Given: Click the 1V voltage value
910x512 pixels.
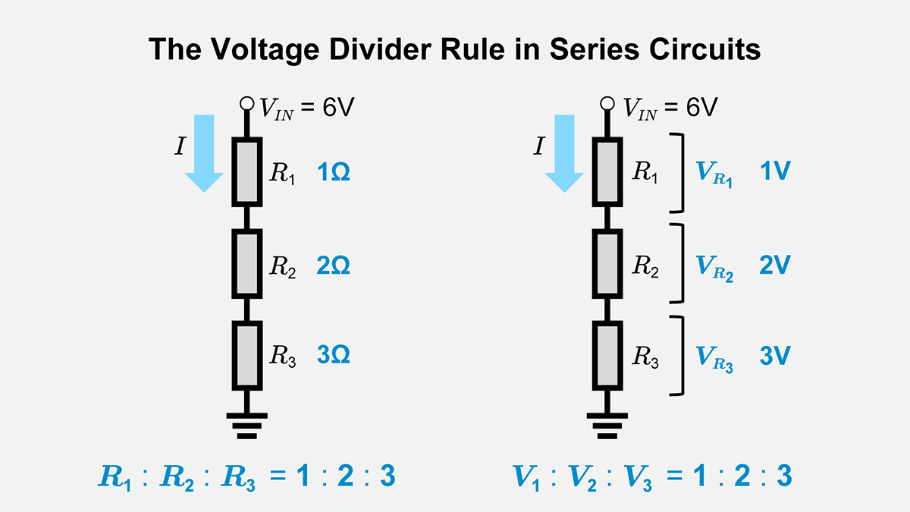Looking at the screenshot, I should [x=775, y=171].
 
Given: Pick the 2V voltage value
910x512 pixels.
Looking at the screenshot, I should [x=775, y=265].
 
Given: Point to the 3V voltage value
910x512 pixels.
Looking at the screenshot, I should [x=775, y=356].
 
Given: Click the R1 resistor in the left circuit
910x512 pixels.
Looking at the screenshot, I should [x=247, y=172].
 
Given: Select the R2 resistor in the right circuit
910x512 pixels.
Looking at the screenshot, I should [x=608, y=264].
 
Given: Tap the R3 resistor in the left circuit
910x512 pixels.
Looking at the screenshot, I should [x=247, y=355].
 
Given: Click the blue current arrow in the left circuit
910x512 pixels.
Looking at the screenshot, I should [x=204, y=152].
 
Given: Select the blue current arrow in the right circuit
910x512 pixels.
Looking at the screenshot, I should [x=565, y=152].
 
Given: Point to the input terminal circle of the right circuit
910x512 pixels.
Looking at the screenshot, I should [x=607, y=104].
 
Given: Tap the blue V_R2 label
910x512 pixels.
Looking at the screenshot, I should [x=714, y=267].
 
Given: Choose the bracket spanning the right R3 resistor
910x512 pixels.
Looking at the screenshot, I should [x=679, y=356].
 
